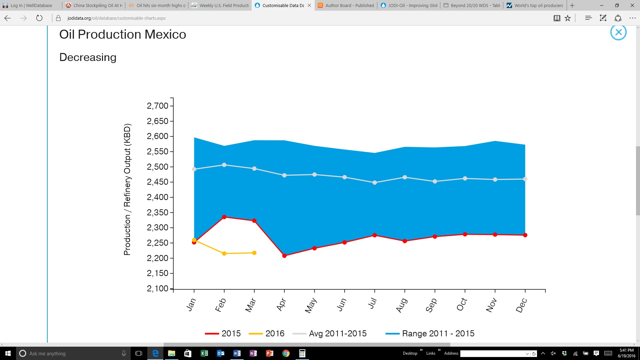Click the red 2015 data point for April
click(284, 256)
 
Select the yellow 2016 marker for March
click(254, 253)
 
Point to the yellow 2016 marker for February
click(224, 254)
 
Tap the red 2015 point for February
click(224, 217)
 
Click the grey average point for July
click(375, 183)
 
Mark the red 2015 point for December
click(525, 235)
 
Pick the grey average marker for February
click(224, 165)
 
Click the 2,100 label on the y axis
click(158, 288)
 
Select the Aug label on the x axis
click(402, 305)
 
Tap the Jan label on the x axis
click(191, 305)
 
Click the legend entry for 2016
click(267, 333)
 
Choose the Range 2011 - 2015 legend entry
click(430, 333)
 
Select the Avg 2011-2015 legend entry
click(329, 333)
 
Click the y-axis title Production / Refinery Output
click(127, 189)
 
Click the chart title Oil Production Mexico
click(123, 34)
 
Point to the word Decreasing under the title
click(88, 57)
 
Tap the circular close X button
click(618, 32)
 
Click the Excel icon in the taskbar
click(204, 353)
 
